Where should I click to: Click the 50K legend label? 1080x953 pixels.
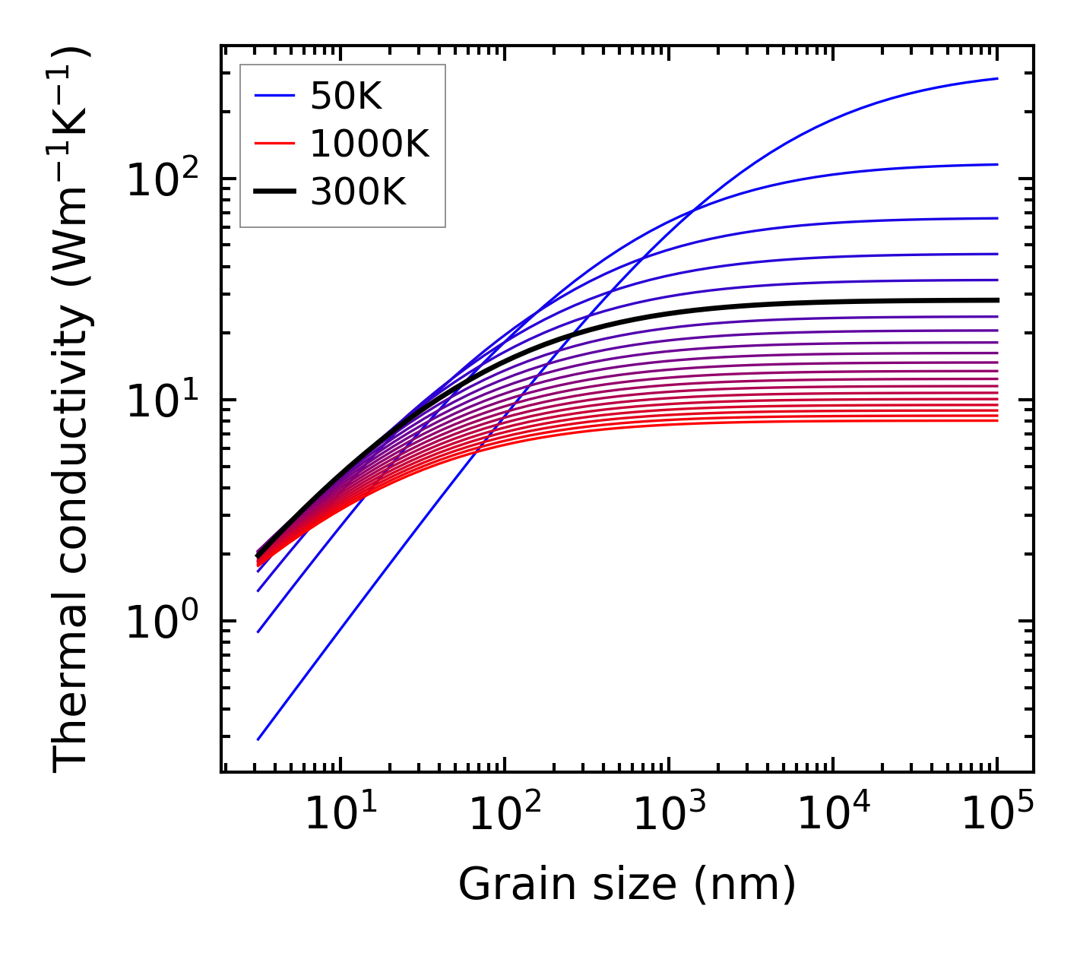(345, 97)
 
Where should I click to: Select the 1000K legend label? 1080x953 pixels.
(369, 144)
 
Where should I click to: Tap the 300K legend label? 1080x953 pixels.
(358, 193)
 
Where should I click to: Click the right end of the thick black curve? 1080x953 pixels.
(997, 300)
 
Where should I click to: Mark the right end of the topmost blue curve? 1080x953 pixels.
(997, 78)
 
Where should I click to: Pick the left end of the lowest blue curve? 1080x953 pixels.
(258, 739)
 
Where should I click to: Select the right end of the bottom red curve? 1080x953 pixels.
(997, 420)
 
